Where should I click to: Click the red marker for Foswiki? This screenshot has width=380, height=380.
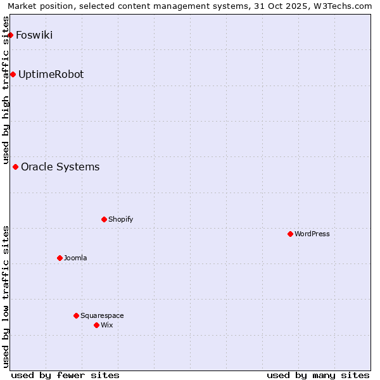pyautogui.click(x=11, y=35)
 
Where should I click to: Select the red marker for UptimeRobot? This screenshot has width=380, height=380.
pyautogui.click(x=13, y=75)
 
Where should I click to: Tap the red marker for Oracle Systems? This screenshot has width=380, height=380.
pyautogui.click(x=16, y=167)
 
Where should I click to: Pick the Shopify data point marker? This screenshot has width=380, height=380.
pyautogui.click(x=104, y=220)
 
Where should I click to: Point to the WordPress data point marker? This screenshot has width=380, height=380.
pyautogui.click(x=291, y=234)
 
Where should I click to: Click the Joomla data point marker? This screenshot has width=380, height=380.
pyautogui.click(x=60, y=258)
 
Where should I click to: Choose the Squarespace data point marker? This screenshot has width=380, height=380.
pyautogui.click(x=77, y=316)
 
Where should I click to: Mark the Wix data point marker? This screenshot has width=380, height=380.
pyautogui.click(x=97, y=326)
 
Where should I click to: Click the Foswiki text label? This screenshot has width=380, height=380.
pyautogui.click(x=34, y=35)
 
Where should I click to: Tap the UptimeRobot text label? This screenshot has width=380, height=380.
pyautogui.click(x=51, y=75)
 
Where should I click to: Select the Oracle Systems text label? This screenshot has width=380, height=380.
pyautogui.click(x=60, y=167)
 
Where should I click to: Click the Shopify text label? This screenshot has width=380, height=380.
pyautogui.click(x=120, y=220)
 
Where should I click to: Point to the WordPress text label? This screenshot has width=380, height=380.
pyautogui.click(x=312, y=234)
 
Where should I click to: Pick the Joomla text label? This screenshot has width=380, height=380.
pyautogui.click(x=75, y=258)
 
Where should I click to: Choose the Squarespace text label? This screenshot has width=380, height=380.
pyautogui.click(x=102, y=316)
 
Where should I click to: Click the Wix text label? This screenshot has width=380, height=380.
pyautogui.click(x=107, y=326)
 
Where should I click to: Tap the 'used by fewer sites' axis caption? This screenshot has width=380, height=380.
pyautogui.click(x=65, y=375)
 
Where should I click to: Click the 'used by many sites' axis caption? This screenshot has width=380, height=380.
pyautogui.click(x=318, y=375)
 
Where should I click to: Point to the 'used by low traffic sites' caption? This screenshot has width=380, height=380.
pyautogui.click(x=6, y=296)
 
